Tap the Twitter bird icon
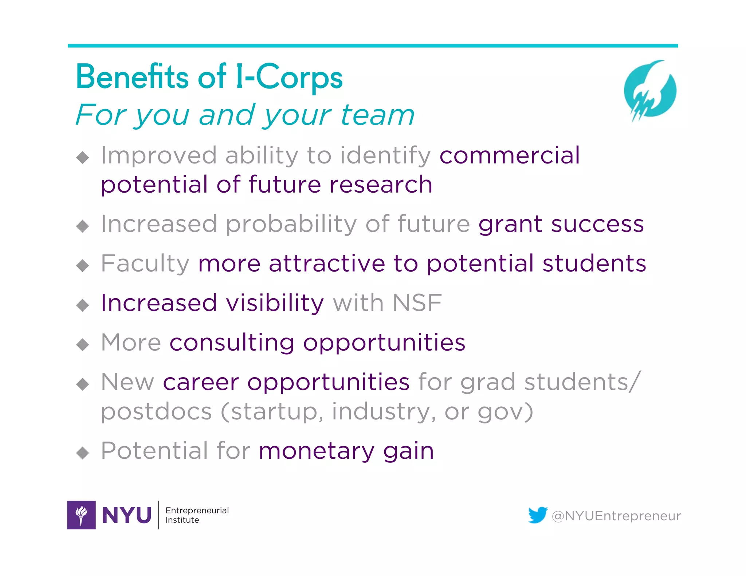[538, 515]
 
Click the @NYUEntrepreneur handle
[616, 516]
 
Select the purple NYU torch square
[82, 515]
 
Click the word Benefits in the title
[132, 77]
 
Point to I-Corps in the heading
[289, 77]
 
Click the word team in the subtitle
[377, 115]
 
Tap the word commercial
[510, 155]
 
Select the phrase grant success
[561, 224]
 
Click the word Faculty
[145, 263]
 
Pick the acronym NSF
[417, 303]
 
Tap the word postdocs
[156, 411]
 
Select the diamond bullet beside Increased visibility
[83, 305]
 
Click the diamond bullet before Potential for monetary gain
[83, 453]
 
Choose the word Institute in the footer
[182, 520]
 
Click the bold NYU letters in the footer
[127, 515]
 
